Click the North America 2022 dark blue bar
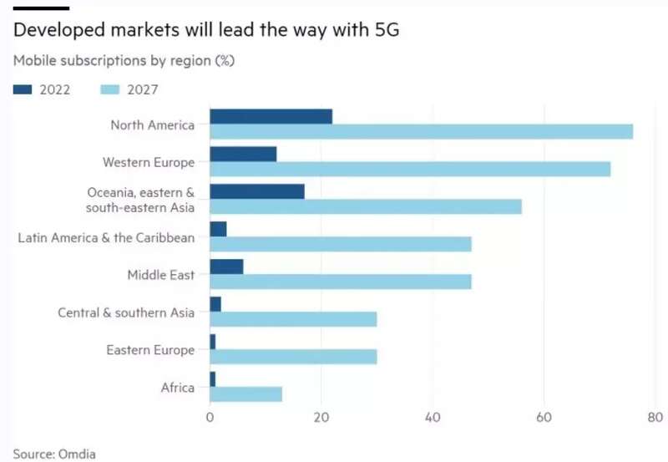click(x=271, y=116)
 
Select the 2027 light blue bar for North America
click(x=422, y=132)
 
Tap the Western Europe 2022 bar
click(x=243, y=154)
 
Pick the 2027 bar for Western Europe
click(x=410, y=170)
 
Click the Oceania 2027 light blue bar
click(x=366, y=206)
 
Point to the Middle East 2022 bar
click(x=226, y=267)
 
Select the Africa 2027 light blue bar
click(x=245, y=394)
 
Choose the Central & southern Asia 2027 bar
click(x=294, y=319)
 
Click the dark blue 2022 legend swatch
click(x=23, y=89)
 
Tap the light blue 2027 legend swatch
click(x=110, y=89)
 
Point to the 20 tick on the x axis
click(x=321, y=417)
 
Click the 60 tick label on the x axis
click(x=544, y=417)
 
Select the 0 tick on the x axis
click(x=210, y=417)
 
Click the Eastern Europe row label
click(x=150, y=350)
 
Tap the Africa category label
click(x=178, y=388)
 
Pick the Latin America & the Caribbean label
click(x=106, y=237)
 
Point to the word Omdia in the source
click(x=77, y=454)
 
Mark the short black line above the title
click(x=41, y=8)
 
